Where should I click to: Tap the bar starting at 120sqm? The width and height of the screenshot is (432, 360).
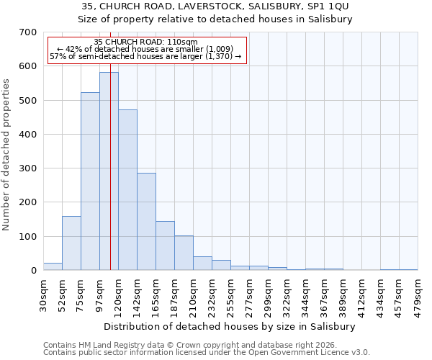127,190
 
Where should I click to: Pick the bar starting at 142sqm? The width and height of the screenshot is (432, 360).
146,222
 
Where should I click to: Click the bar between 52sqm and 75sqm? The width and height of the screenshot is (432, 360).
71,243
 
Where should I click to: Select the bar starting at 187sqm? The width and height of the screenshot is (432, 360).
184,253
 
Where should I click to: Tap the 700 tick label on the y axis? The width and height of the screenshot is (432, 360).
28,32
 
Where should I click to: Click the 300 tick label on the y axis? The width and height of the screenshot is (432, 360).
28,168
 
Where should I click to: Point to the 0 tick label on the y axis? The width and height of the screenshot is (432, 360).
33,271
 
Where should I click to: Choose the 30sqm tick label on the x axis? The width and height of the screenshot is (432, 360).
43,292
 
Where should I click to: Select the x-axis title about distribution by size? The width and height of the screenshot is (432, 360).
230,326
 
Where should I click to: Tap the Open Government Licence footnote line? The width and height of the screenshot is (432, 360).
207,352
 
